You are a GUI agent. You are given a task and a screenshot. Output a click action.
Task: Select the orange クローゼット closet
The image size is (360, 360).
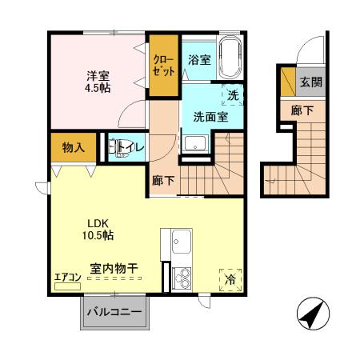click(x=164, y=66)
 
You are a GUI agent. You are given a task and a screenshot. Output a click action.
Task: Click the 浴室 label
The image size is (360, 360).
click(x=198, y=59)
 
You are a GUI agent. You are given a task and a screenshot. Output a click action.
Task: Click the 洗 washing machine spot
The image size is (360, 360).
click(x=233, y=95)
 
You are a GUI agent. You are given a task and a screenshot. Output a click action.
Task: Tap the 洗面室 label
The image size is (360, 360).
click(x=210, y=116)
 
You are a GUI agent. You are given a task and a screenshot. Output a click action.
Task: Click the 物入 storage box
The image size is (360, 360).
click(x=74, y=147)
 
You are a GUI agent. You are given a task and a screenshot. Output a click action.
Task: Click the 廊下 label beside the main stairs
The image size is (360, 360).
click(x=163, y=181)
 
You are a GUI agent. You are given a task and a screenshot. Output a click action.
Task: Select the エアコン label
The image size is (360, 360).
click(x=67, y=278)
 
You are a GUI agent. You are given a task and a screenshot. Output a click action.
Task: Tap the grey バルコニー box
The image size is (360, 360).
click(x=114, y=311)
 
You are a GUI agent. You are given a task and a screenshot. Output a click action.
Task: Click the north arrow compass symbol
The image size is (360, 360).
click(x=311, y=314)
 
